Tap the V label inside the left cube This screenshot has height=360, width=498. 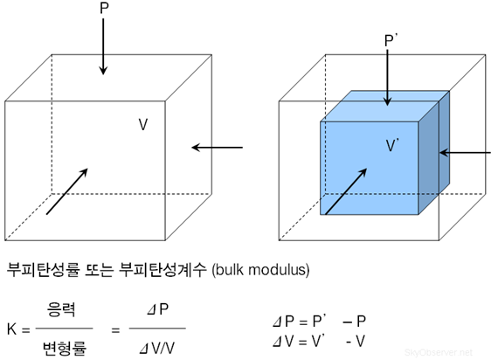click(x=143, y=125)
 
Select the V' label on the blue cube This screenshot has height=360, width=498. click(x=395, y=145)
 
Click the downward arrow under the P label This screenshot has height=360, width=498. click(x=103, y=47)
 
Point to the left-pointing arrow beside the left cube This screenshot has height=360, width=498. click(x=217, y=147)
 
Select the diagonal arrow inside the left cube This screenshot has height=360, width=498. click(x=66, y=191)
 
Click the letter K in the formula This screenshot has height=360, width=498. click(x=11, y=329)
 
